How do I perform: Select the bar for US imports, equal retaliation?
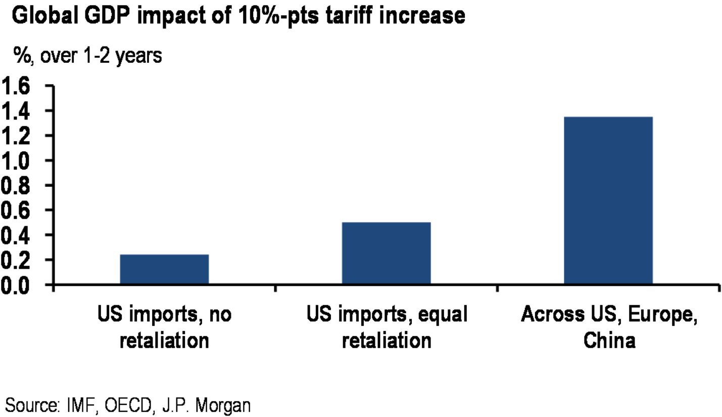pos(386,253)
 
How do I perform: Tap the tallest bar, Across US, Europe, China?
pos(608,200)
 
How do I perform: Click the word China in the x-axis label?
pos(609,340)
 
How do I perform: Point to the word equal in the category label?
pos(442,315)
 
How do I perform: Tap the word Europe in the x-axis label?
pos(657,315)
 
